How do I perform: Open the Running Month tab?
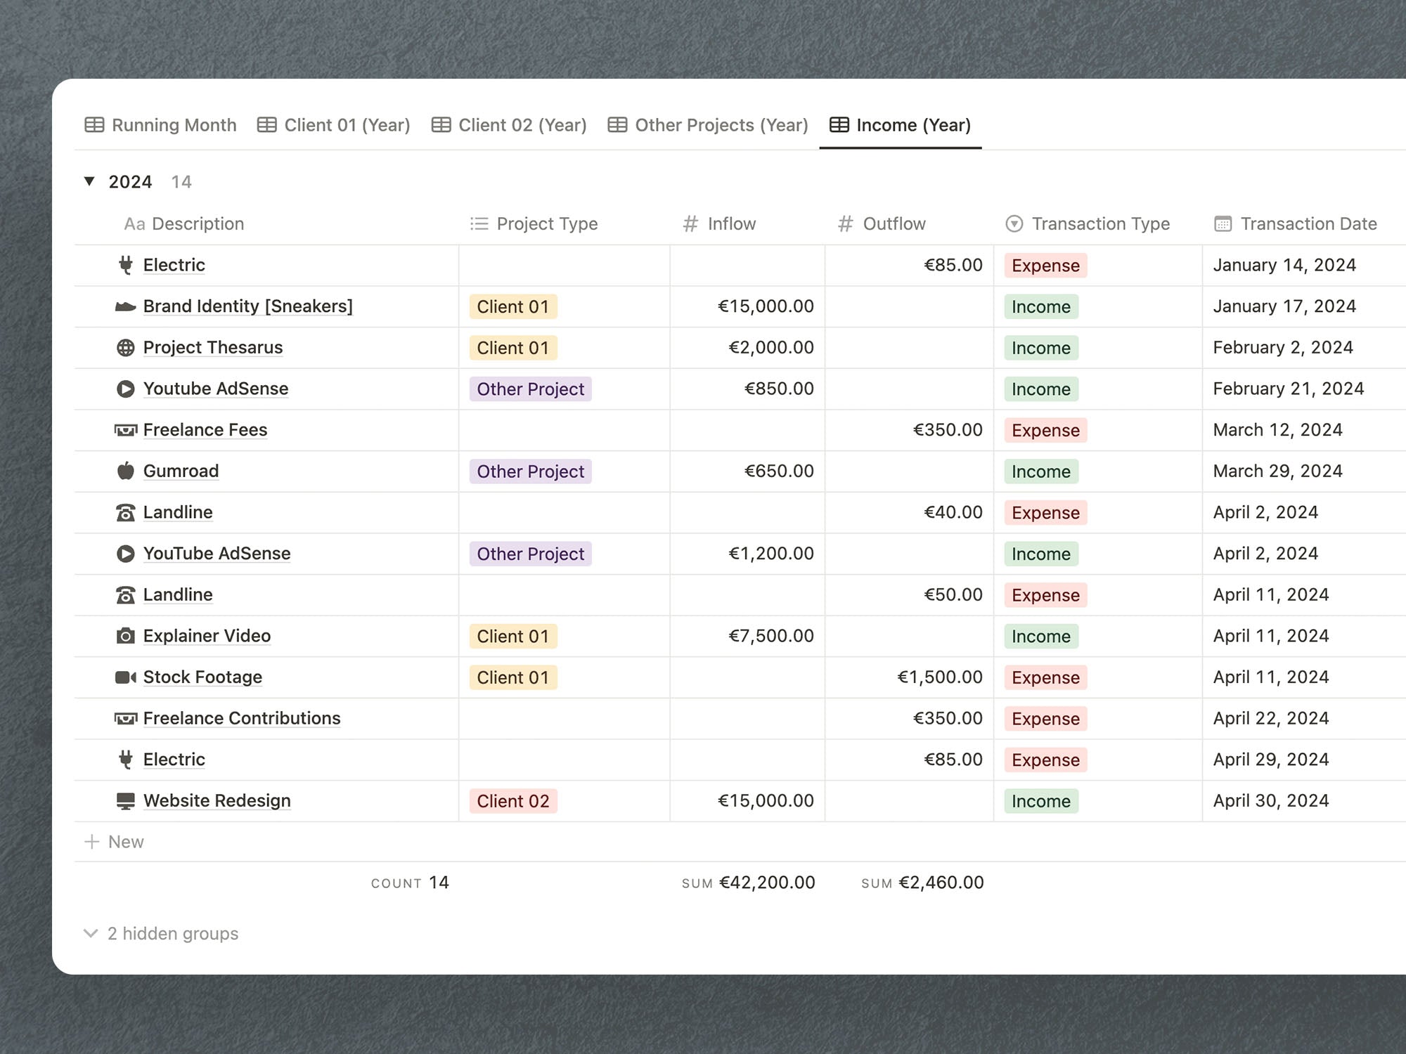pos(160,125)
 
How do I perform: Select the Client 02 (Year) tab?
pos(509,125)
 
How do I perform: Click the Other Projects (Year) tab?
pos(708,125)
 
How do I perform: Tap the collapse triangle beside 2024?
pos(89,181)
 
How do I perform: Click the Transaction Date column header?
pos(1295,223)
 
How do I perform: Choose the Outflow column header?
pos(882,223)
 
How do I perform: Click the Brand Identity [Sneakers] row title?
pos(248,306)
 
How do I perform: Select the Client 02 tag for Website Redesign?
pos(513,801)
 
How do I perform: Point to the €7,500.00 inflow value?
pos(771,636)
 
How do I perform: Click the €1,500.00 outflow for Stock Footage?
pos(940,677)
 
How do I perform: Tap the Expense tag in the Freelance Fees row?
pos(1045,430)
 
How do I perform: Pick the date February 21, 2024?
pos(1288,389)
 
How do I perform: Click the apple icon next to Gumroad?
pos(125,471)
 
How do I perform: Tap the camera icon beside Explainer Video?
pos(125,636)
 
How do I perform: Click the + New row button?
pos(114,842)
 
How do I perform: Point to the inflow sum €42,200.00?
pos(767,883)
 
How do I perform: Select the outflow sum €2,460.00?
pos(941,883)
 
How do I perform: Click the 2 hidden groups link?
pos(161,933)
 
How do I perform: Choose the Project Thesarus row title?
pos(213,348)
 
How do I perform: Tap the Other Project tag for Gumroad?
pos(531,471)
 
